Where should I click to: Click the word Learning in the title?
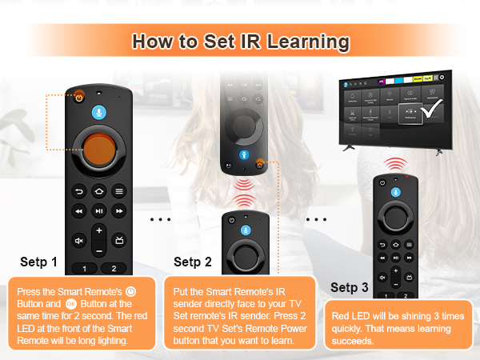[x=304, y=41]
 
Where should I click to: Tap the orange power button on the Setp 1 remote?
[x=79, y=97]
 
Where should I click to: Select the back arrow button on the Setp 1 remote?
[x=78, y=191]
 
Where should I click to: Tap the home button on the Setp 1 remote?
[x=98, y=191]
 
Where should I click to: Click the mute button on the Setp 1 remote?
[x=78, y=239]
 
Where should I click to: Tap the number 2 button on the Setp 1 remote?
[x=114, y=269]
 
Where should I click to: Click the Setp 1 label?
[x=38, y=262]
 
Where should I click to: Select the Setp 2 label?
[x=192, y=262]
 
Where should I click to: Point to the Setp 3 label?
[x=350, y=287]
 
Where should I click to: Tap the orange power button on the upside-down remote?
[x=261, y=166]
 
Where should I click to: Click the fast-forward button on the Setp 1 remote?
[x=118, y=211]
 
